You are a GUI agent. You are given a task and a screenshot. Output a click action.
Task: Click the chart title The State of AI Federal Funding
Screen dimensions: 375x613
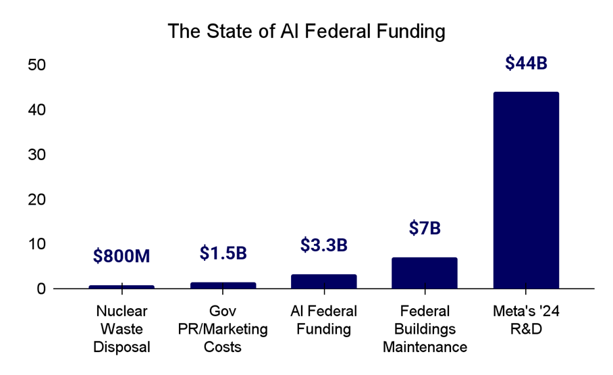306,32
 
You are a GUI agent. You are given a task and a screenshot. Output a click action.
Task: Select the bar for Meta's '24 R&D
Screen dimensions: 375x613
526,190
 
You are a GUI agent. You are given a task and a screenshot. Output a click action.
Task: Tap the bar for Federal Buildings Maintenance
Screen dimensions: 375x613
425,273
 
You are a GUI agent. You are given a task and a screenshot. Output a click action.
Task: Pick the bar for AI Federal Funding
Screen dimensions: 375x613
323,281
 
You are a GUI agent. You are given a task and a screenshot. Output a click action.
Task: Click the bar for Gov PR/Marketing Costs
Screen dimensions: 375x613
223,285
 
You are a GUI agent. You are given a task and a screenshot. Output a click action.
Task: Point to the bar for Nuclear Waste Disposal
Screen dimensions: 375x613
122,286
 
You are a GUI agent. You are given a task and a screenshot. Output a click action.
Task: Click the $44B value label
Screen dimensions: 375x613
526,63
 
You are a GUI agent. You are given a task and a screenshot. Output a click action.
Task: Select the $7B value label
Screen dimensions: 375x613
425,228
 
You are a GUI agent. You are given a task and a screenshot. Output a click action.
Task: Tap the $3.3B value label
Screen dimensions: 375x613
323,245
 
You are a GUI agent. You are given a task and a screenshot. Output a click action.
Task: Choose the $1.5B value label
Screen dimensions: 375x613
223,253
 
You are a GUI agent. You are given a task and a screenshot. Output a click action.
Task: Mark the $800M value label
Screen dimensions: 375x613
122,256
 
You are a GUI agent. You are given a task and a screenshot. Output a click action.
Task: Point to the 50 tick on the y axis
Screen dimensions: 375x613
36,65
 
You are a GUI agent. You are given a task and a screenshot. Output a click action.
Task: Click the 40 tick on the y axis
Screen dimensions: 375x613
36,109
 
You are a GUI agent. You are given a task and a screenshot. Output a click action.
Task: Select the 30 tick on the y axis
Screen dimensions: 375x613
36,154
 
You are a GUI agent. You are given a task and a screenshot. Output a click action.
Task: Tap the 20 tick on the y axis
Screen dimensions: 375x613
36,199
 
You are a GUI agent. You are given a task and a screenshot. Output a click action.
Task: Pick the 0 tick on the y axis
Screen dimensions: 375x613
41,289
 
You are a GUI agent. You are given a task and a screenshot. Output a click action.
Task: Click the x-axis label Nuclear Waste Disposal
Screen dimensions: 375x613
122,329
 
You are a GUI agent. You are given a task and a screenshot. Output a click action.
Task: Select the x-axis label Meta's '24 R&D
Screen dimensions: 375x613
526,320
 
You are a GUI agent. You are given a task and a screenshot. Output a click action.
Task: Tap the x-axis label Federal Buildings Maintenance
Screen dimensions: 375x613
425,329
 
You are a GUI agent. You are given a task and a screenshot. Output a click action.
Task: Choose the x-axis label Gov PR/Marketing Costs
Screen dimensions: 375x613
223,329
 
